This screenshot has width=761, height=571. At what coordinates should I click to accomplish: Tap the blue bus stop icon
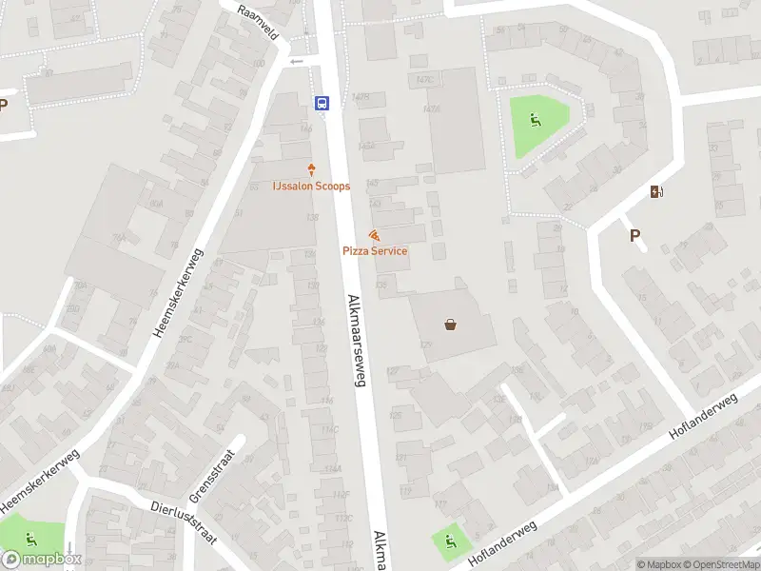tap(322, 103)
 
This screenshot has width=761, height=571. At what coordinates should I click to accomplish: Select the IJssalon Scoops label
tap(311, 186)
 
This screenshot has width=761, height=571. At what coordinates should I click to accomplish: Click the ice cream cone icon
tap(311, 170)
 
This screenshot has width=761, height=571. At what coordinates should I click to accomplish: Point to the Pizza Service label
tap(375, 250)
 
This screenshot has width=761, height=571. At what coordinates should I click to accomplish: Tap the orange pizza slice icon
tap(375, 235)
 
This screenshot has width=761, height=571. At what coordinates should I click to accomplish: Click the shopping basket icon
tap(450, 325)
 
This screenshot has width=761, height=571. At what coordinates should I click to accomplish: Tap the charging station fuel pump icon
tap(656, 192)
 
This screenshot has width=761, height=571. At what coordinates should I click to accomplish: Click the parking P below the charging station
tap(634, 235)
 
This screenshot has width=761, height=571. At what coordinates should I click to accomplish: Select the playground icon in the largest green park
tap(535, 121)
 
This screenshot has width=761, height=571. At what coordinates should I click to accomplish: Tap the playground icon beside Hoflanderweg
tap(447, 542)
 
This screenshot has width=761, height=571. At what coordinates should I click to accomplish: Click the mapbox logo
tap(43, 559)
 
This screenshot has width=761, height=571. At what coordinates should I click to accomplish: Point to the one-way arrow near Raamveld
tap(296, 61)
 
